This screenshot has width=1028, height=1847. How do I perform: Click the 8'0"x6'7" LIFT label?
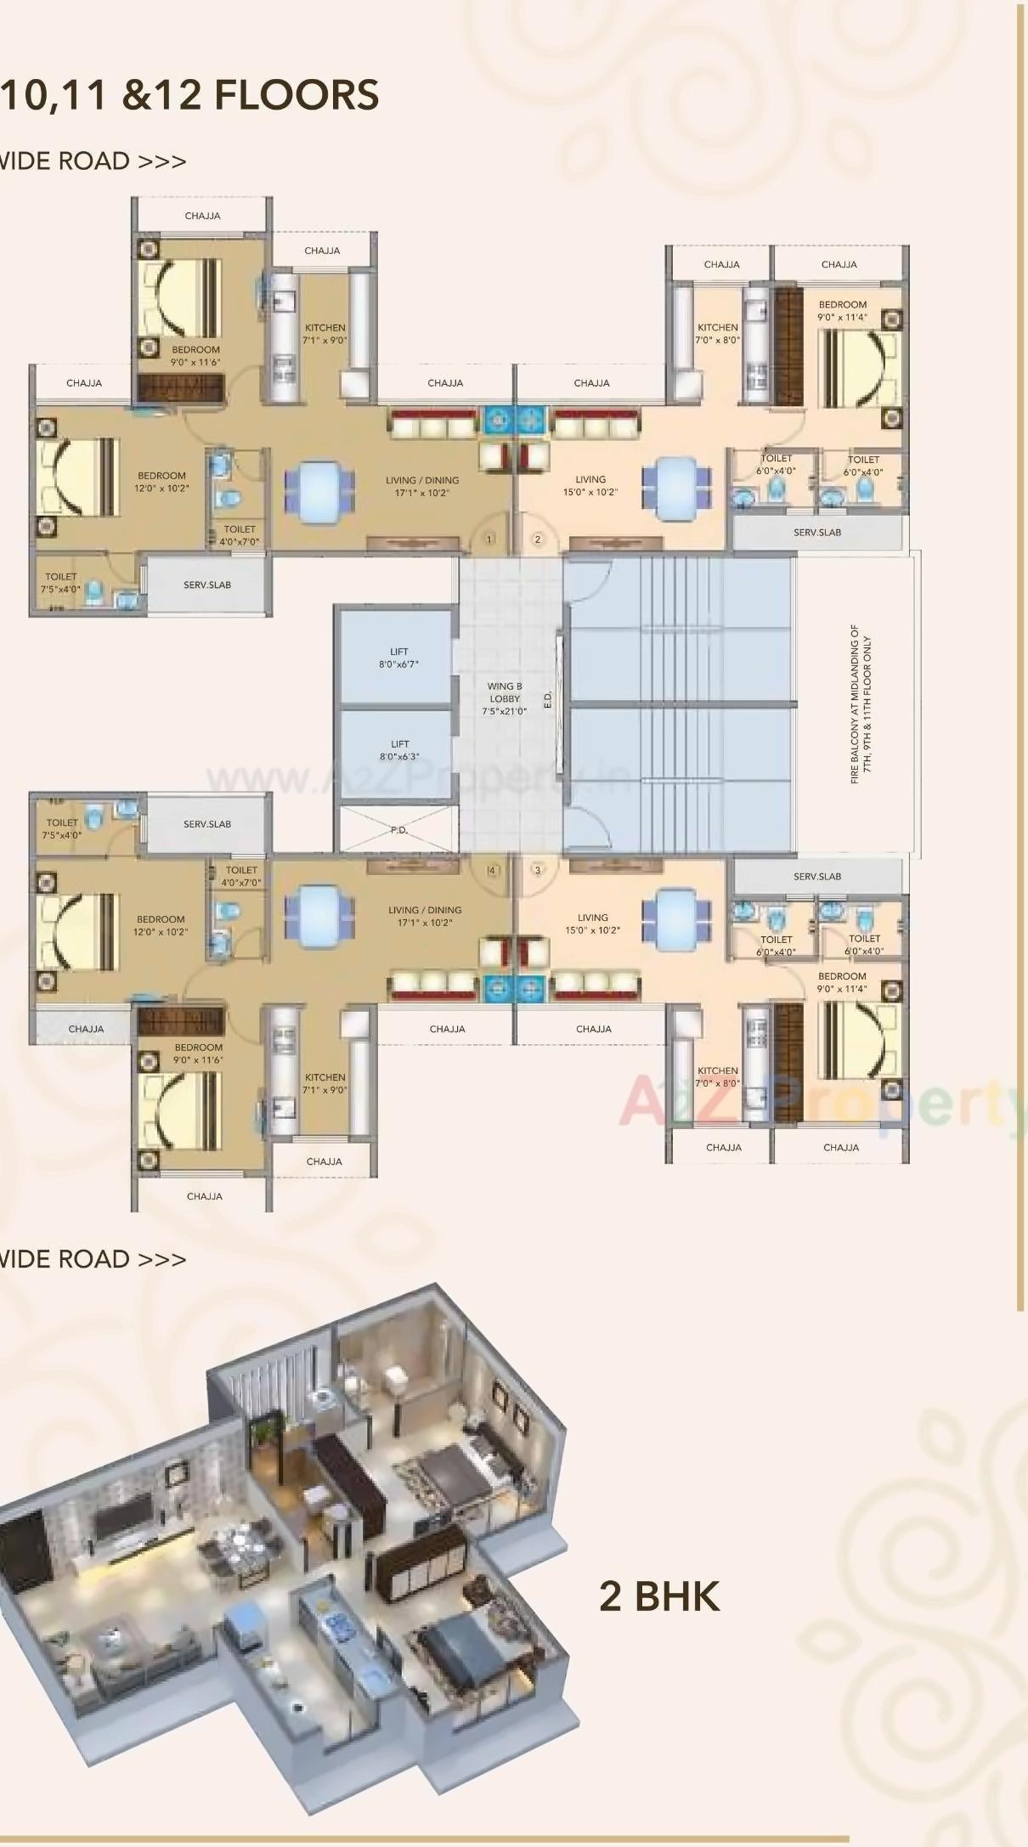398,658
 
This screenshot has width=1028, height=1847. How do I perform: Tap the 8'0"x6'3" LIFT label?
399,749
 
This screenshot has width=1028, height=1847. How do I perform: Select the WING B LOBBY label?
505,698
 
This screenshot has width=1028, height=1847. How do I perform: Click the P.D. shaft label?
399,830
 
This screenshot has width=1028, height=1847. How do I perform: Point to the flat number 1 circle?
489,539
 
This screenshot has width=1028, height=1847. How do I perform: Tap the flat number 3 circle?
537,870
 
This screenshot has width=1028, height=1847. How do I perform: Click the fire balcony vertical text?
861,704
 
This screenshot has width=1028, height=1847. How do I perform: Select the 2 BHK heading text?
659,1596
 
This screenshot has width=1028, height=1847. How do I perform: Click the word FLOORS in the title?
297,94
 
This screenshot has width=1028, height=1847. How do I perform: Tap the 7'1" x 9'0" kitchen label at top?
325,333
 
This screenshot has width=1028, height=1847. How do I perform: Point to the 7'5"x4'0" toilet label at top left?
61,582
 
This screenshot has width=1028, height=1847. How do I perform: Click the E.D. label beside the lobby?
548,698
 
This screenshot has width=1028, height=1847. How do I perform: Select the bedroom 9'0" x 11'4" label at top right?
842,310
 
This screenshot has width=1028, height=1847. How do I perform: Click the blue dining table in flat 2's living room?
675,486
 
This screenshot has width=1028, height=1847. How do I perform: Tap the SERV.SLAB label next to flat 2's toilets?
817,532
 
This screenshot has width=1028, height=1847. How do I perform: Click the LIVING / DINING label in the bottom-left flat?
425,915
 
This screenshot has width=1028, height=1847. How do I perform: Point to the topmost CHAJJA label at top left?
202,216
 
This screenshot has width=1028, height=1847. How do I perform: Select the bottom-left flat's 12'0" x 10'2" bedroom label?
161,925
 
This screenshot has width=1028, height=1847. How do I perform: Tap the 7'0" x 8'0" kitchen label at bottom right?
718,1076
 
